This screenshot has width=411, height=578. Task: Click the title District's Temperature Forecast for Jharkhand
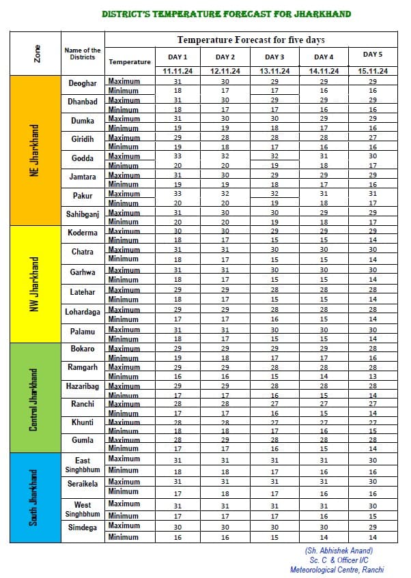click(x=226, y=14)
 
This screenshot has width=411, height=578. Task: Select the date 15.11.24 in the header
click(x=372, y=71)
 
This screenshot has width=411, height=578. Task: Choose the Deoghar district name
click(x=83, y=83)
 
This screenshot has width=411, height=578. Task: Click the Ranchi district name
click(x=83, y=405)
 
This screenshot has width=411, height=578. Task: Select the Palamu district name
click(x=82, y=332)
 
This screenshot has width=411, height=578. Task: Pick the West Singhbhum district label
click(x=83, y=510)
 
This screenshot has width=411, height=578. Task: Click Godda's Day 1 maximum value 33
click(x=178, y=156)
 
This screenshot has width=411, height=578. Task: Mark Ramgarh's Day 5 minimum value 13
click(x=373, y=376)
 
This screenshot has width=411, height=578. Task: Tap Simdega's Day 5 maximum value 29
click(x=373, y=528)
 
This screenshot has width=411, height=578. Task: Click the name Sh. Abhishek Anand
click(x=339, y=551)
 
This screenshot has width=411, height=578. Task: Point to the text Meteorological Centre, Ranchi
click(x=338, y=570)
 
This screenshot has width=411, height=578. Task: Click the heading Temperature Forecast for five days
click(x=251, y=40)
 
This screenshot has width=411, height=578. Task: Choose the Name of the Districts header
click(x=82, y=53)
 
